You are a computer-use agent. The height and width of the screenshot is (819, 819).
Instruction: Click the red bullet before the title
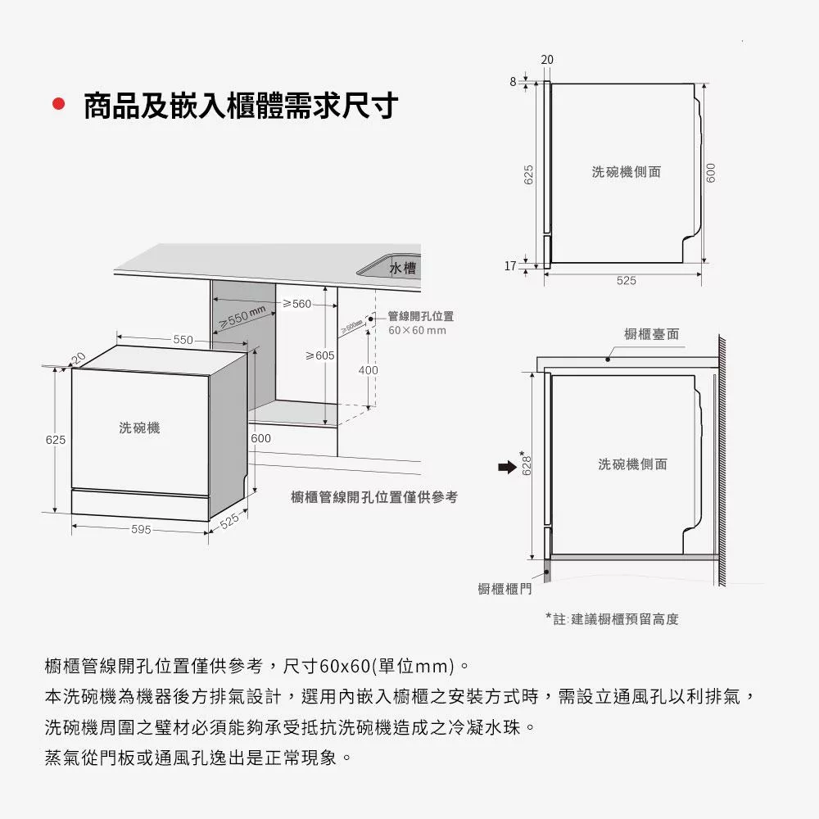57,105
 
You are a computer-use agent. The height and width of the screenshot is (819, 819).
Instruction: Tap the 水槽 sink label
402,268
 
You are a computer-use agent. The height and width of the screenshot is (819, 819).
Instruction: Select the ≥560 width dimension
297,304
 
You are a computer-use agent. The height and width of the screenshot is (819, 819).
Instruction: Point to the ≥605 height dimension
320,355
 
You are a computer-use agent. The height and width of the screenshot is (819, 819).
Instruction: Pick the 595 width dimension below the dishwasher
141,529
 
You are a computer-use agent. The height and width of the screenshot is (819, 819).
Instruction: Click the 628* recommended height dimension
528,464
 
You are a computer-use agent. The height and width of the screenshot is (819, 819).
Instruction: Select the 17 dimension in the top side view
510,266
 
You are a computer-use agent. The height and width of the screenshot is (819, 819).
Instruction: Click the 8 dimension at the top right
513,81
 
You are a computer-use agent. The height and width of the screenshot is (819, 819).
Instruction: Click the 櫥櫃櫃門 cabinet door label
505,588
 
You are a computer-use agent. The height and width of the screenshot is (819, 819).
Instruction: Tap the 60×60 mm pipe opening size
417,330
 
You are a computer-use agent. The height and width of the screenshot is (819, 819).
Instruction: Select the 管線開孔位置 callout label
420,316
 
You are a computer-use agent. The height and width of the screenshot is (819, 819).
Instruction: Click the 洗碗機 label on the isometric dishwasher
139,428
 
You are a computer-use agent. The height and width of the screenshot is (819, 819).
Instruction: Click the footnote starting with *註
612,619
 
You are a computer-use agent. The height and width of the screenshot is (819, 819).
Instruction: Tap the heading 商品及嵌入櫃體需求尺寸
241,106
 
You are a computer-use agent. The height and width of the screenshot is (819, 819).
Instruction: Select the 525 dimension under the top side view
626,280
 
